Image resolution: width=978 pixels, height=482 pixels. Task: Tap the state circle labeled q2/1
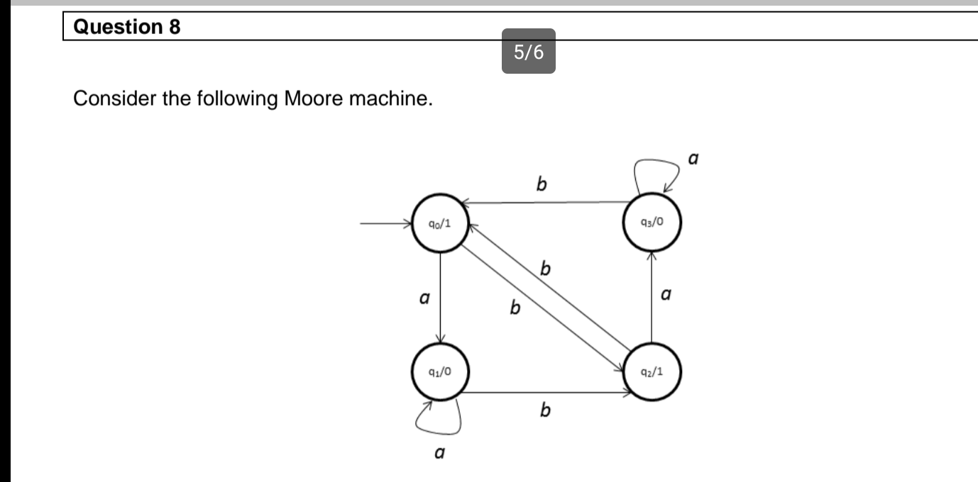point(652,371)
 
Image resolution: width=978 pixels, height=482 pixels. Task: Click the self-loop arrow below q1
point(436,419)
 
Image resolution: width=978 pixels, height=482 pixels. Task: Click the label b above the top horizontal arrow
point(542,184)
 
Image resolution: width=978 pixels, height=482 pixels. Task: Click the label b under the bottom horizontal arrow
point(545,410)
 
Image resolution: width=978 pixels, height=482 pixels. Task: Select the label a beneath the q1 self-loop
point(439,451)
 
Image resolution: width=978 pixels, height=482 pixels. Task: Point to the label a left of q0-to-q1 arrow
point(424,299)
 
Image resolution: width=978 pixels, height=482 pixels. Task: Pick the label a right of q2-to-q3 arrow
point(666,292)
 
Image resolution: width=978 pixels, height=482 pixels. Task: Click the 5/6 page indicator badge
point(529,51)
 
